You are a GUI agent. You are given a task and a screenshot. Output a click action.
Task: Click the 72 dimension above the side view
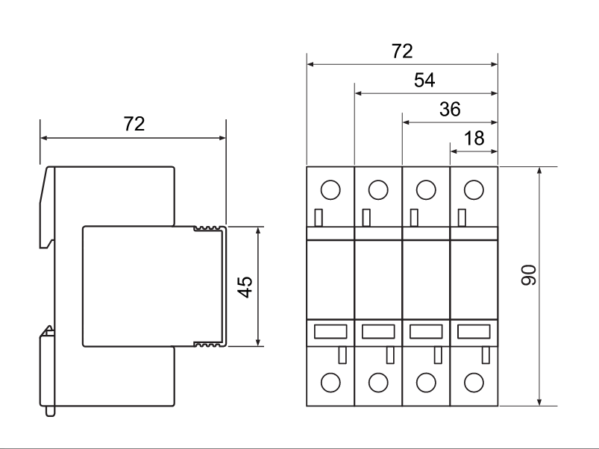tap(134, 125)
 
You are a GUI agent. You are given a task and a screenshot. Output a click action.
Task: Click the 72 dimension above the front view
tap(402, 51)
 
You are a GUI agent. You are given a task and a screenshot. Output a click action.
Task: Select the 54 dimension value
tap(424, 81)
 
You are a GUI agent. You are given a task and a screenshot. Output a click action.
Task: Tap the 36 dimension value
tap(449, 110)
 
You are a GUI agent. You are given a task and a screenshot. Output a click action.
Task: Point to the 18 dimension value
tap(474, 138)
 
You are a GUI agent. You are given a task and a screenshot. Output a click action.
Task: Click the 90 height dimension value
tap(529, 277)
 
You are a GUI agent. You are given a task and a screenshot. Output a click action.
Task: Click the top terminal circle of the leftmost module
tap(330, 189)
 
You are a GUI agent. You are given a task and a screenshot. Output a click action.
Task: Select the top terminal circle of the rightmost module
tap(473, 189)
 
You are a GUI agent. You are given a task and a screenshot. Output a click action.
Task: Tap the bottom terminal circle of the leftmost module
tap(330, 383)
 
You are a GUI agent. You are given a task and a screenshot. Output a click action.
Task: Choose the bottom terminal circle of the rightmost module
tap(473, 383)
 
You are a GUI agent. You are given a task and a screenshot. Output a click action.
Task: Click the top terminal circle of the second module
tap(378, 189)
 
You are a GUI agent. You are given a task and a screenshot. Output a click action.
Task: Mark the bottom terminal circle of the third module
tap(426, 383)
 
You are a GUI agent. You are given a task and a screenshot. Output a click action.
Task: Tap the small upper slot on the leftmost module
tap(319, 217)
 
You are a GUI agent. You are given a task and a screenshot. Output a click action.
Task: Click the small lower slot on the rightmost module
tap(486, 355)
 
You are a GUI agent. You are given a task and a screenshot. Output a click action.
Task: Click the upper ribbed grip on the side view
tap(209, 229)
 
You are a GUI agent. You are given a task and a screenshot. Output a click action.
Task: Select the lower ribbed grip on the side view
tap(209, 344)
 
